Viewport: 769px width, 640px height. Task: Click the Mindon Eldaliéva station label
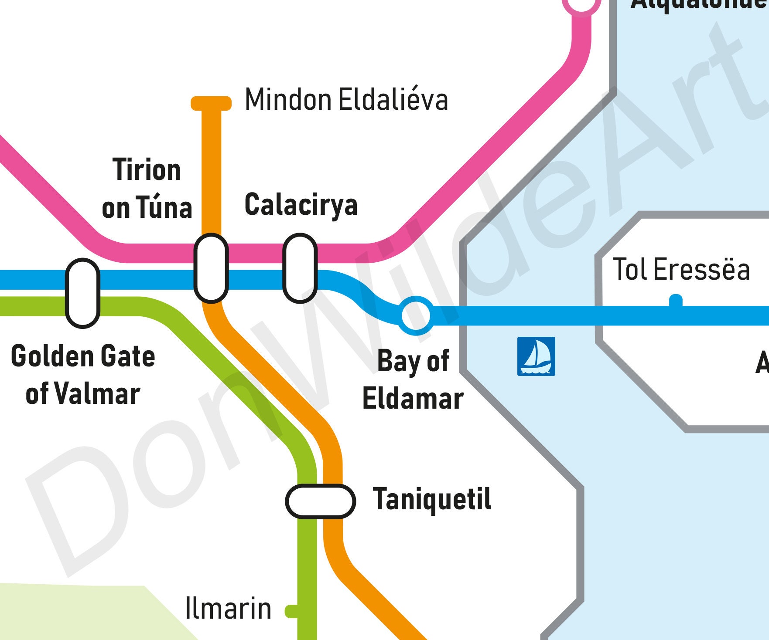[x=346, y=100]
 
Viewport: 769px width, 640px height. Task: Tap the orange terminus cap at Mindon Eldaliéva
[x=211, y=103]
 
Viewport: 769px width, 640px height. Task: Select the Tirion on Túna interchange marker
[x=211, y=268]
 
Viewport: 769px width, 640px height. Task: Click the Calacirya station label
[x=301, y=204]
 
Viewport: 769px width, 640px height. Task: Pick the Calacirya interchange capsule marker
[x=300, y=268]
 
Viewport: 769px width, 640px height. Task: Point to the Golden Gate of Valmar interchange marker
[x=82, y=293]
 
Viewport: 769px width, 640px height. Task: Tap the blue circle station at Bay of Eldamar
[x=416, y=315]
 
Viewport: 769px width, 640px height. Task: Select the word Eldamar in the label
[x=413, y=399]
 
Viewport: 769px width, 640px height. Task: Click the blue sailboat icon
[x=536, y=356]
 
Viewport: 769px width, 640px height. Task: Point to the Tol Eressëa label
[x=681, y=269]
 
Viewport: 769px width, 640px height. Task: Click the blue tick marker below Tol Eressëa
[x=676, y=301]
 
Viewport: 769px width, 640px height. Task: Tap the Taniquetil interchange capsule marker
[x=321, y=501]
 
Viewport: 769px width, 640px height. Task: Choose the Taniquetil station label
[x=432, y=499]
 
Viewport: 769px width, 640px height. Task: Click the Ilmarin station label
[x=228, y=608]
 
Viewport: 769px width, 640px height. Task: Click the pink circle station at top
[x=581, y=4]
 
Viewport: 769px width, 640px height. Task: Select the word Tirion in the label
[x=147, y=169]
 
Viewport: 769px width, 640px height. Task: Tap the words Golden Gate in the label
[x=83, y=356]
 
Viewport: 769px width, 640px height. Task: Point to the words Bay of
[x=413, y=361]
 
